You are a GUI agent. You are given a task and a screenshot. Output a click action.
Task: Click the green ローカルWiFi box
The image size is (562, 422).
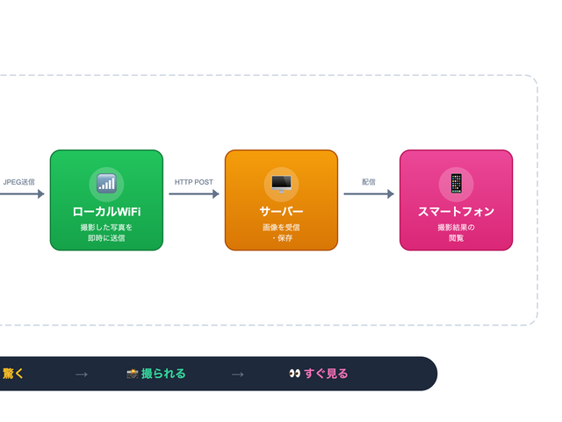[x=106, y=200]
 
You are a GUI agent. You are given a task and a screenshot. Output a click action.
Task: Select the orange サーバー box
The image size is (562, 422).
[x=281, y=200]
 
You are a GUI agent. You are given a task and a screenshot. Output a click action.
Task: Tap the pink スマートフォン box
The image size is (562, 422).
[x=456, y=200]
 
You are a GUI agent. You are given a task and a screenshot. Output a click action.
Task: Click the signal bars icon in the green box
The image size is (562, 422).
[x=106, y=183]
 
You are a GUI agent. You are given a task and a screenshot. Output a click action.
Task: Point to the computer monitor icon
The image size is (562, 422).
[x=281, y=183]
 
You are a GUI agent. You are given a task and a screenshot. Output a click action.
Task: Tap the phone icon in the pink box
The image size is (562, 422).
[x=456, y=183]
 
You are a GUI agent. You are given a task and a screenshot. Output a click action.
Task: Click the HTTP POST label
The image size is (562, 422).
[x=193, y=182]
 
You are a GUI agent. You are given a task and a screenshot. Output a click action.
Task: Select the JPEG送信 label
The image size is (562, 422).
[x=19, y=182]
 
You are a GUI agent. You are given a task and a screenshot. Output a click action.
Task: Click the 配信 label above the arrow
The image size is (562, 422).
[x=369, y=182]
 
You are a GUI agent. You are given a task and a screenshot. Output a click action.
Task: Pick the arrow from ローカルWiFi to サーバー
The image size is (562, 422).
[x=193, y=194]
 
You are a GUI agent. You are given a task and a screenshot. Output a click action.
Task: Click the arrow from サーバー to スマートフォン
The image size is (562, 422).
[x=369, y=194]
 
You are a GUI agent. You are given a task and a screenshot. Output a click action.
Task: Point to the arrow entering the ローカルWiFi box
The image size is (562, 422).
[x=22, y=194]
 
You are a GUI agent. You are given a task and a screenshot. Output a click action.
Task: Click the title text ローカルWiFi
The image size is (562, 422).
[x=106, y=212]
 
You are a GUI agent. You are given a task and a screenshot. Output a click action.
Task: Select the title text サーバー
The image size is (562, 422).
[x=281, y=212]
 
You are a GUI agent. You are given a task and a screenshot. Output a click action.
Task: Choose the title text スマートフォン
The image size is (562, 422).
[x=456, y=212]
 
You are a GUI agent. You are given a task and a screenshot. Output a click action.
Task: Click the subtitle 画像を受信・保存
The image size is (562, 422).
[x=281, y=232]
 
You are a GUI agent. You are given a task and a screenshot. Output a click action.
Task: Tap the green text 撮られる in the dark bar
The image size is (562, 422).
[x=163, y=374]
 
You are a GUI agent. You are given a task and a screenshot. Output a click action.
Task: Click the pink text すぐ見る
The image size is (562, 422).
[x=326, y=374]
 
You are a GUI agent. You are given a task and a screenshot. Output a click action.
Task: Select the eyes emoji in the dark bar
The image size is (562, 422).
[x=295, y=374]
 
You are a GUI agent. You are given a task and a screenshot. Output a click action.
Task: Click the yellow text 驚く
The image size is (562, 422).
[x=13, y=374]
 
